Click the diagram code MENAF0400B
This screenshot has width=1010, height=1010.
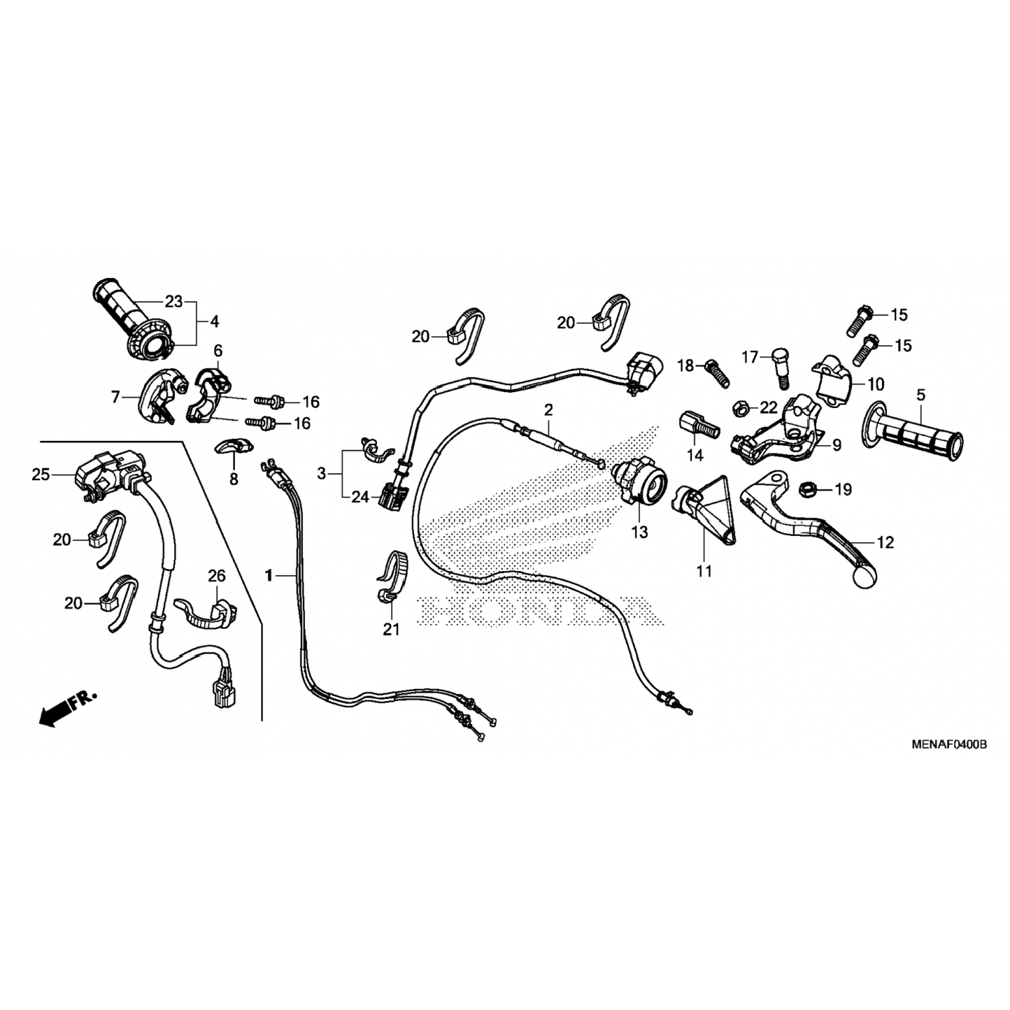949,745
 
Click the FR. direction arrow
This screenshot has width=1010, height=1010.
67,708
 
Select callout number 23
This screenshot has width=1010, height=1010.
174,302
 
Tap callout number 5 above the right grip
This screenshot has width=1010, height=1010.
920,395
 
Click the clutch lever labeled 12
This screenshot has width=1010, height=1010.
808,525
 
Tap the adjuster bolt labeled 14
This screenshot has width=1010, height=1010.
698,426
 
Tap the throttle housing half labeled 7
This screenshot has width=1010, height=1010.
158,396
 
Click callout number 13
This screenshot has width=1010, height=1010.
639,533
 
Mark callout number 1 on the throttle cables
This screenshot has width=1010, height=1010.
269,576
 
